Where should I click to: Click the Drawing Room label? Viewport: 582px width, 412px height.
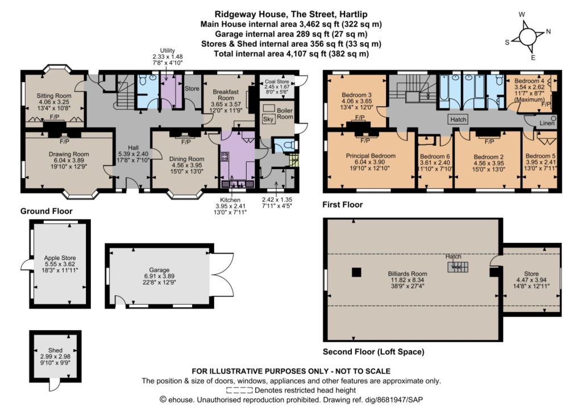coord(69,154)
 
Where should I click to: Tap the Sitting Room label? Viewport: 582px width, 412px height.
coord(54,96)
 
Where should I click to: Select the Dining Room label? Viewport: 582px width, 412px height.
coord(186,159)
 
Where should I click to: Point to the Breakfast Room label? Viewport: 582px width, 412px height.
coord(226,94)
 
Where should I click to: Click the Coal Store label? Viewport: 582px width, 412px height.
coord(277,82)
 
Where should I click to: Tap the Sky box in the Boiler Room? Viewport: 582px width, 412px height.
coord(268,120)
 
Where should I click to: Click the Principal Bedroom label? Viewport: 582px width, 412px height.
coord(371,156)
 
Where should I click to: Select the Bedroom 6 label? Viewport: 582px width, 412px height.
coord(435,156)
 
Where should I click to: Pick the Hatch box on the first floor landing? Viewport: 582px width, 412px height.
coord(458,120)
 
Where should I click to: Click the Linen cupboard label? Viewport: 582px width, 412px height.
coord(547,123)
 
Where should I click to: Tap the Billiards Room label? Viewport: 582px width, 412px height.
coord(408,274)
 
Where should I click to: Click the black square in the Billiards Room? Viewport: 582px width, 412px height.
coord(356,273)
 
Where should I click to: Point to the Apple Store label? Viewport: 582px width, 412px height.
coord(60,258)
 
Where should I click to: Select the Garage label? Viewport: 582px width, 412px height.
coord(159,270)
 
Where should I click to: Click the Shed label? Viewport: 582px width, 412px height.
coord(55,351)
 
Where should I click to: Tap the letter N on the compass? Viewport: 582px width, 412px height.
coord(548,31)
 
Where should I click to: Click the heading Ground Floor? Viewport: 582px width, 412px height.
coord(47,211)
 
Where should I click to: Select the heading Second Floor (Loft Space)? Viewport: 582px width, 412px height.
coord(373,352)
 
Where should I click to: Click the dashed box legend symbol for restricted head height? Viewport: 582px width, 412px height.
coord(239,390)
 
